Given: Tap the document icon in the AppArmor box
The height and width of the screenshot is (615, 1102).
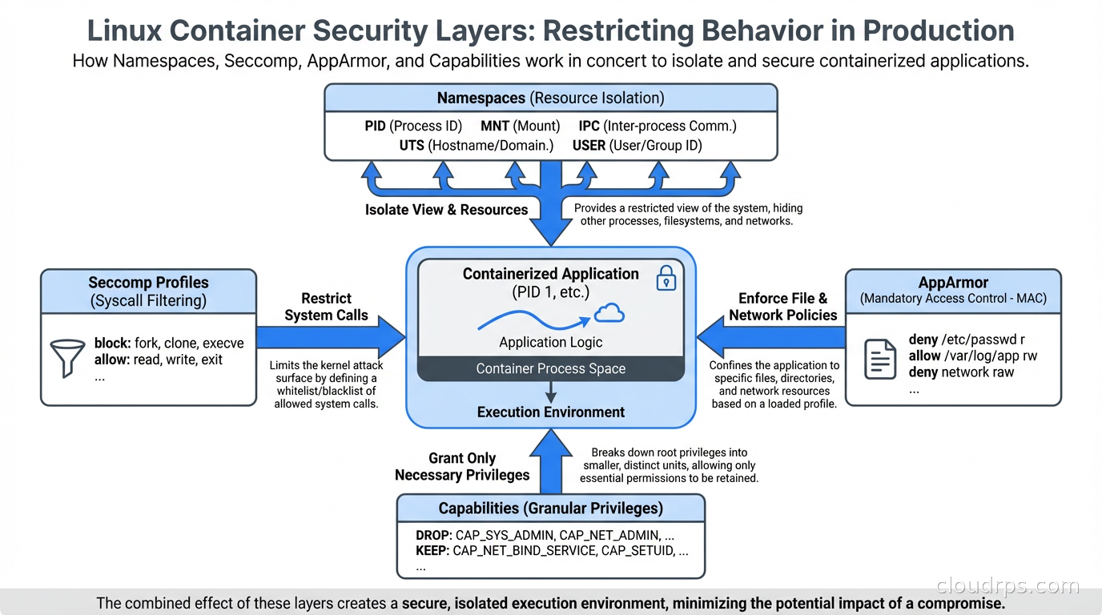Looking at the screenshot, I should tap(880, 359).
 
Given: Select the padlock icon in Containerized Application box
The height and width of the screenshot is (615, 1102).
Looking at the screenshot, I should tap(666, 278).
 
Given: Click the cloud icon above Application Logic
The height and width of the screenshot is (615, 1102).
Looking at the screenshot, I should tap(609, 314).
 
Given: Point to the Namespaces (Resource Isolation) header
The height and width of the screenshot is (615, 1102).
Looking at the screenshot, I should tap(550, 98).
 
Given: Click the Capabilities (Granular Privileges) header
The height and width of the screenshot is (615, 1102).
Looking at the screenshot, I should tap(550, 508).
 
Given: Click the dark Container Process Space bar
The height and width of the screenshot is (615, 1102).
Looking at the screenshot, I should tap(550, 368).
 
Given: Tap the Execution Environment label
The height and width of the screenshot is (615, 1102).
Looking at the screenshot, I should tap(550, 412).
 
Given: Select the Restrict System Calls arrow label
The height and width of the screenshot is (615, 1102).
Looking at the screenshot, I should tap(326, 307).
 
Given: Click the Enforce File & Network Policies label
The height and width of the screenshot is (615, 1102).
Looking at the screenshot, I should tap(782, 307).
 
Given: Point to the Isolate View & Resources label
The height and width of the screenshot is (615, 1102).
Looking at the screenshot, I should tap(446, 210).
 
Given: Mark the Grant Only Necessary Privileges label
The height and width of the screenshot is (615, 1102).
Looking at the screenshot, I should tap(462, 466).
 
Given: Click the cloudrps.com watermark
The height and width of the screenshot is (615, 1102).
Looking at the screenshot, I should tap(1007, 586).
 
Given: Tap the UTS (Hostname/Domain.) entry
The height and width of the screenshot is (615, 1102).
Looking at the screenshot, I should tap(476, 146).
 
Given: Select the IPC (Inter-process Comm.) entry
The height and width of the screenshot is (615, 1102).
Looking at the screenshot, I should tap(657, 126).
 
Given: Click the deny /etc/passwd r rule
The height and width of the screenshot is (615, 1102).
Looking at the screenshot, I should tap(967, 340).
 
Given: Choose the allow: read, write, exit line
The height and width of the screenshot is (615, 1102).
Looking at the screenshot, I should tap(159, 360).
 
